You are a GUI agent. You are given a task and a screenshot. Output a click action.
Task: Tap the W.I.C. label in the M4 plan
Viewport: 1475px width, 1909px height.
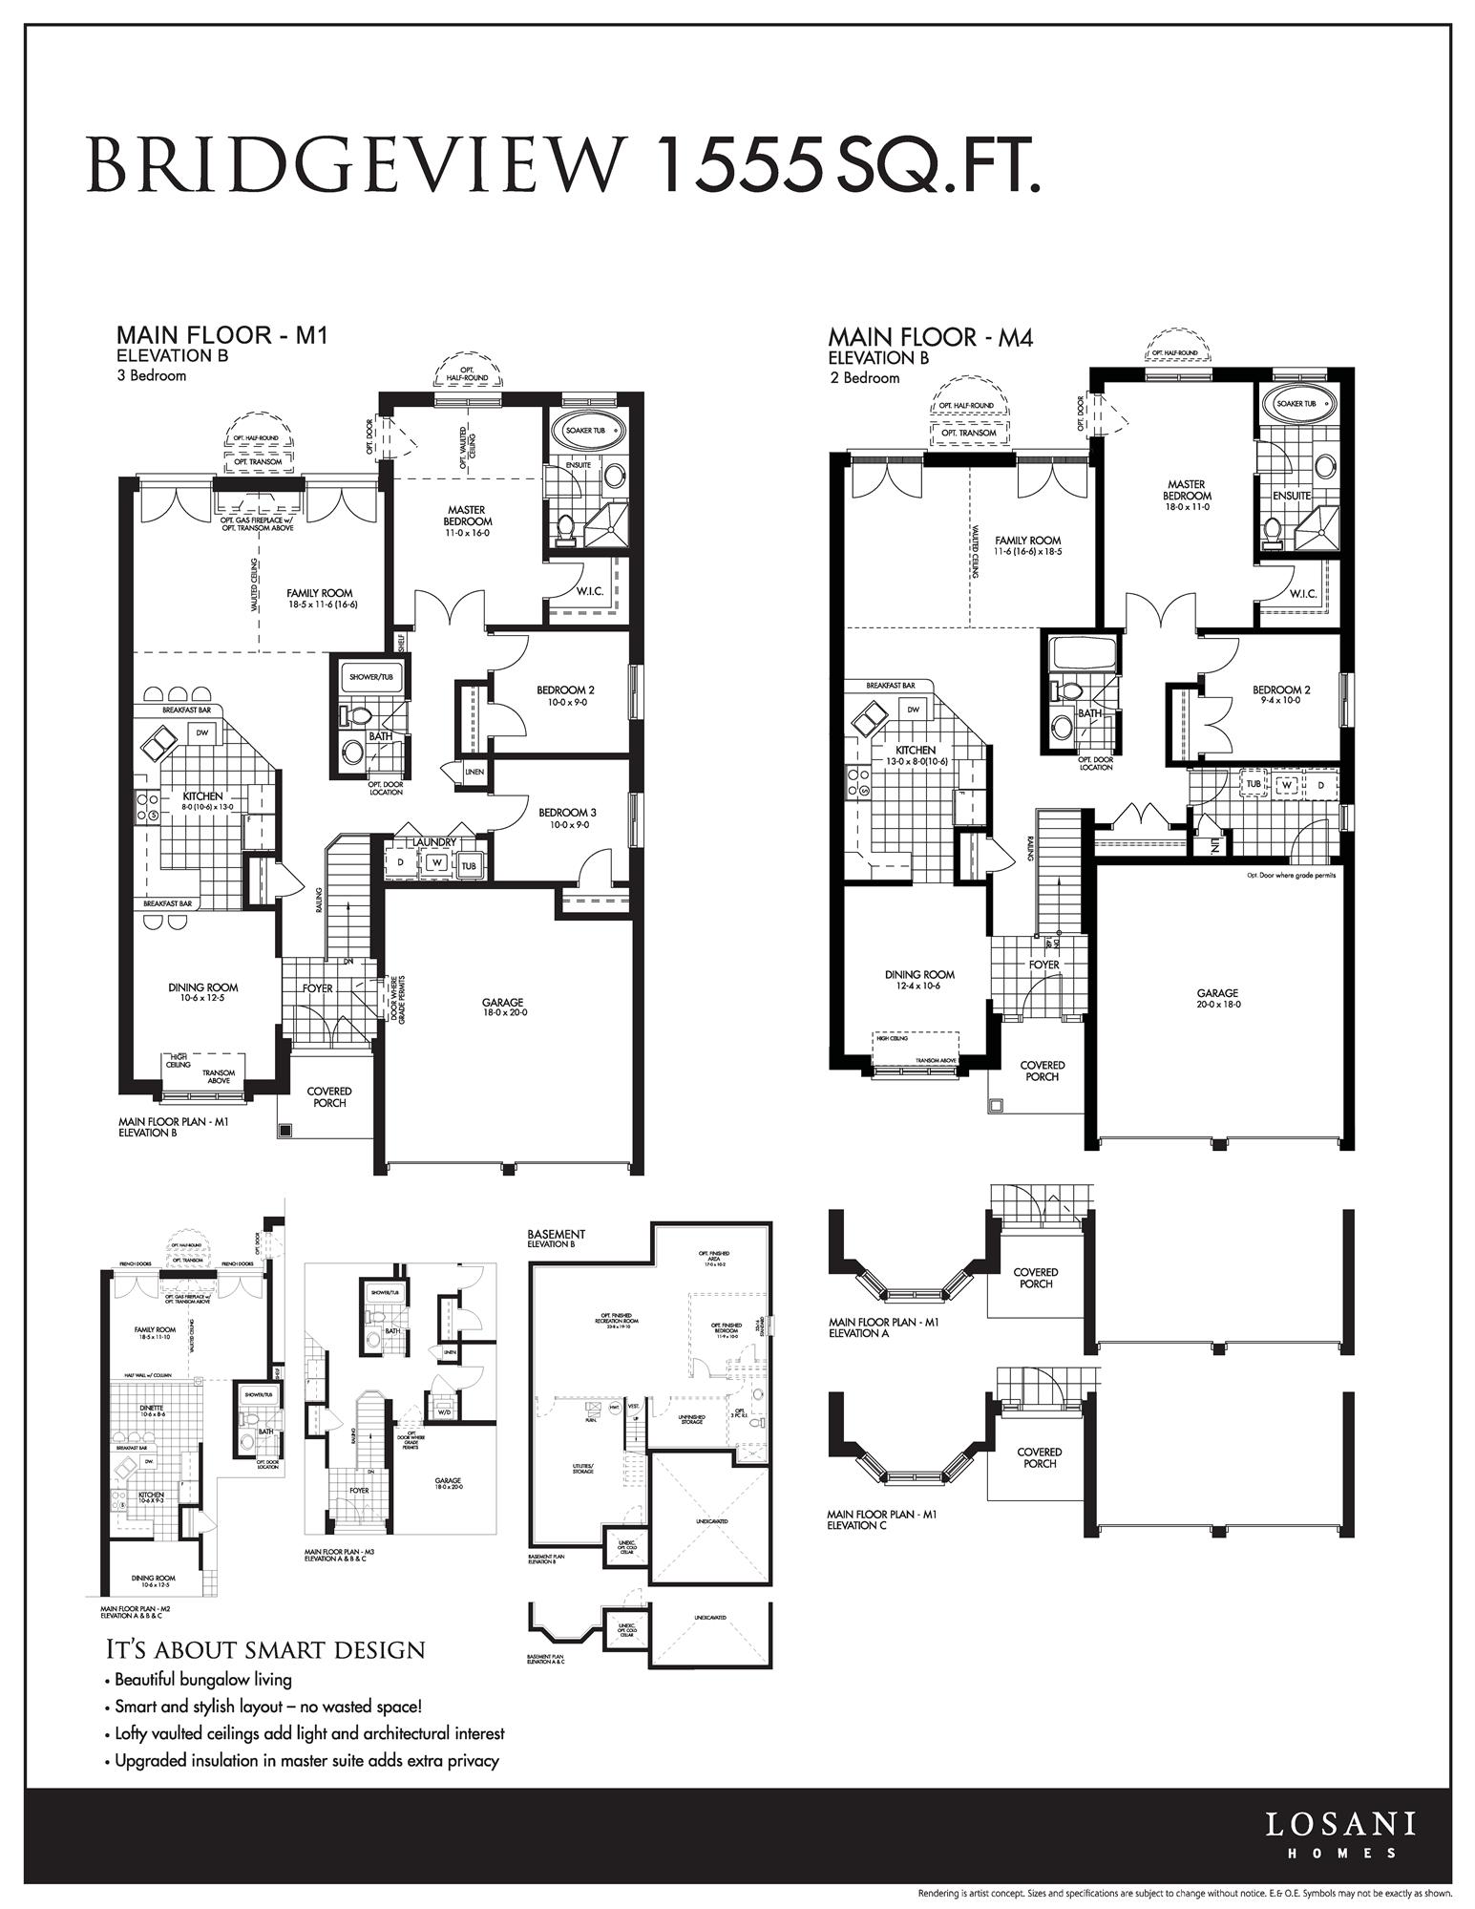click(1302, 593)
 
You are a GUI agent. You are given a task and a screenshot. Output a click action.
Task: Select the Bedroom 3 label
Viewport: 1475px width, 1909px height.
click(567, 813)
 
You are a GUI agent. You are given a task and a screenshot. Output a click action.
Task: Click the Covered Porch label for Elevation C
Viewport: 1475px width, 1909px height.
click(1040, 1457)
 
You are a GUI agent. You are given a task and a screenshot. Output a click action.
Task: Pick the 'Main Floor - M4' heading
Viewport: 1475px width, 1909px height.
click(930, 337)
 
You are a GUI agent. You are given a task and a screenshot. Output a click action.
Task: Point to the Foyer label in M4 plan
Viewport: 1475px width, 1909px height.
click(1043, 965)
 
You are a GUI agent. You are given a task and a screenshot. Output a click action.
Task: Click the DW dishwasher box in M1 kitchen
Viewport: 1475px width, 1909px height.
click(202, 732)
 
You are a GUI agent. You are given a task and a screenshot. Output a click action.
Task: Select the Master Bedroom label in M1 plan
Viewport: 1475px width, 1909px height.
click(468, 516)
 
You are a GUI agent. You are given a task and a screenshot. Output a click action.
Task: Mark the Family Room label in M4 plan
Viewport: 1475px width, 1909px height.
click(1027, 541)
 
